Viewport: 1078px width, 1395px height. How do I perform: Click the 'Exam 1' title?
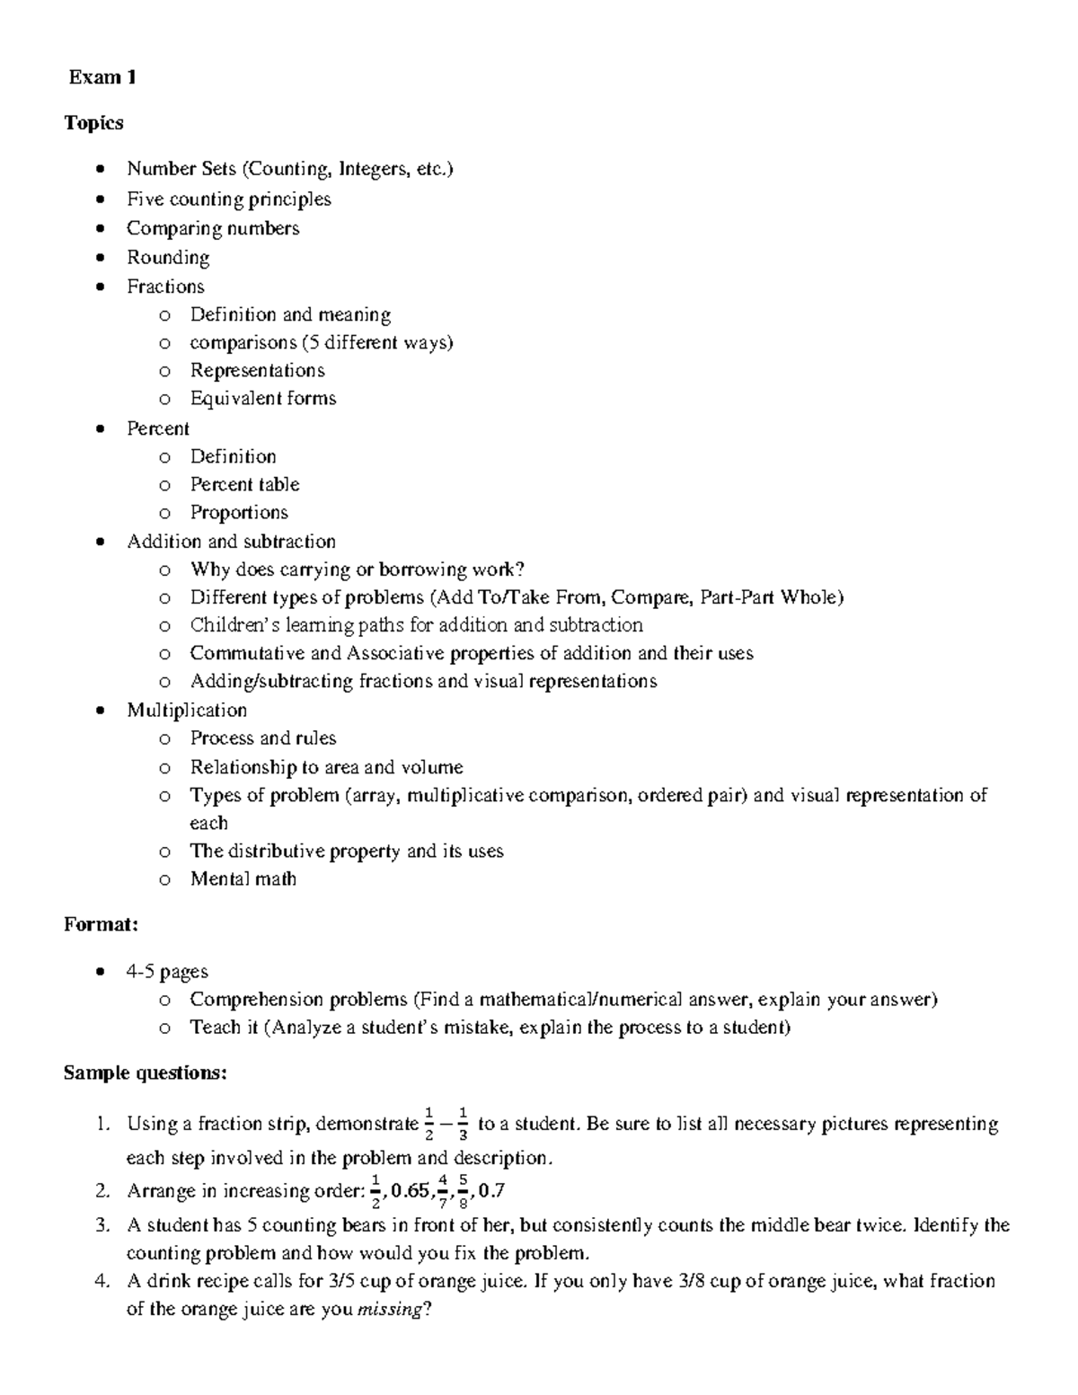click(x=102, y=77)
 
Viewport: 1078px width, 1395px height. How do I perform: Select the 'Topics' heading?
click(x=93, y=122)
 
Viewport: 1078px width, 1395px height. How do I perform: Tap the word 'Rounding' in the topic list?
click(x=168, y=258)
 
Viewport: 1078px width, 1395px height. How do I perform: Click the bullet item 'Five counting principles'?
click(x=228, y=199)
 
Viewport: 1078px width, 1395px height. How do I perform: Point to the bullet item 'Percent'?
click(x=158, y=428)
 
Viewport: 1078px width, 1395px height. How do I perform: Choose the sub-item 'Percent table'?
click(x=244, y=484)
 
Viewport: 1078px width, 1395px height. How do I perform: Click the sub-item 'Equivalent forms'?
click(x=262, y=398)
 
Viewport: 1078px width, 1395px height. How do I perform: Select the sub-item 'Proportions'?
click(x=239, y=512)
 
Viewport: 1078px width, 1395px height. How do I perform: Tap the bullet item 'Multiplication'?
click(x=187, y=710)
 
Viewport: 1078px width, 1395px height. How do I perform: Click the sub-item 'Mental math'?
click(x=243, y=878)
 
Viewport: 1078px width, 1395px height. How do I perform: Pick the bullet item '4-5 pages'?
click(x=167, y=971)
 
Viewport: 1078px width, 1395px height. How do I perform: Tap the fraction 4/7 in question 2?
click(x=442, y=1192)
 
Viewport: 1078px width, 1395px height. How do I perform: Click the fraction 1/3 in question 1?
click(x=462, y=1125)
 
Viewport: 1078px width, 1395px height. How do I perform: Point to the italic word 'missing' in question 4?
click(x=389, y=1310)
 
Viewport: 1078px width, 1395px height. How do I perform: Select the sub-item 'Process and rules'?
click(x=262, y=738)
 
